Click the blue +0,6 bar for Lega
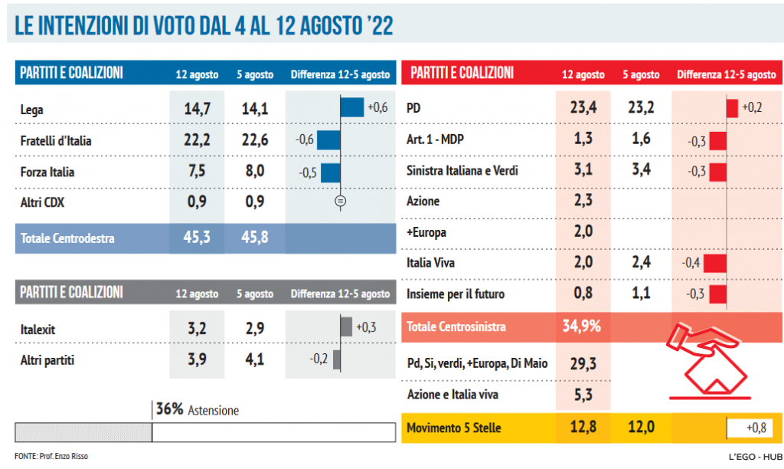(x=352, y=107)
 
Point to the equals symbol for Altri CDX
(x=341, y=202)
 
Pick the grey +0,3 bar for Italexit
(x=346, y=326)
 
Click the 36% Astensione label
(x=198, y=410)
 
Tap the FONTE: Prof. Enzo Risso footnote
(x=51, y=456)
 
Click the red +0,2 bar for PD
(x=732, y=108)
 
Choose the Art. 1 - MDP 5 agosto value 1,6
(x=641, y=139)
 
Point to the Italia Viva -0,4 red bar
(x=715, y=264)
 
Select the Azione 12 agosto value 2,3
(x=583, y=201)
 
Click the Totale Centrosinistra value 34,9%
(x=582, y=326)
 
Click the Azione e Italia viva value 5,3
(x=583, y=395)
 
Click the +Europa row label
(x=426, y=232)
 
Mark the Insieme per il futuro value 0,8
(x=583, y=294)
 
